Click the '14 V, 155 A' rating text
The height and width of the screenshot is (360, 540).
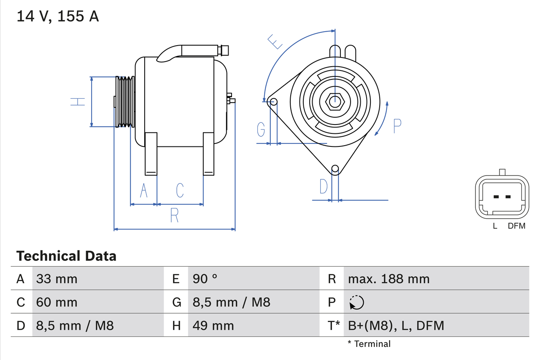click(58, 16)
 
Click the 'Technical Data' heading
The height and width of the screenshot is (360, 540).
click(66, 256)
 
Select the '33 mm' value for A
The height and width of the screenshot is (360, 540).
click(57, 279)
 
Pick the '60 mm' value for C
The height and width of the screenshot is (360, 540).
click(57, 302)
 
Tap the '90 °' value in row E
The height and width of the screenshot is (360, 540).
click(205, 279)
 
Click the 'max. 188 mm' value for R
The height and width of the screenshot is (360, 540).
click(389, 279)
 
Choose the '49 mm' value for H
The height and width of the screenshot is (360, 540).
click(213, 325)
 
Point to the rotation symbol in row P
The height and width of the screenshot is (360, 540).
click(356, 302)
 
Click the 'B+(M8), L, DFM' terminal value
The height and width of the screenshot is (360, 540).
click(396, 325)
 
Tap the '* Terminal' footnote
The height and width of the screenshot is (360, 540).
click(369, 344)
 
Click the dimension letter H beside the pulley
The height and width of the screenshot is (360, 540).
click(78, 102)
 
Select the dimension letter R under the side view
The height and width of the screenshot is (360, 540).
click(174, 215)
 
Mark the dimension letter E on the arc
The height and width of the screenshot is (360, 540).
click(275, 42)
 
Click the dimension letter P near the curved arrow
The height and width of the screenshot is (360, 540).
click(397, 126)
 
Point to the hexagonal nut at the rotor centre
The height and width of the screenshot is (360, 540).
click(335, 101)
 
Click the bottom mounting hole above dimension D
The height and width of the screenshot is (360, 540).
click(335, 169)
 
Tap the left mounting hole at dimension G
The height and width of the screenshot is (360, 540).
click(273, 102)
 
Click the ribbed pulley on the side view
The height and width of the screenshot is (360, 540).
click(125, 102)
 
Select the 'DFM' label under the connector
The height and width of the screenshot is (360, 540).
click(516, 226)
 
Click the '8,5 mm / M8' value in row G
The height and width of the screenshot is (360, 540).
click(231, 302)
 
